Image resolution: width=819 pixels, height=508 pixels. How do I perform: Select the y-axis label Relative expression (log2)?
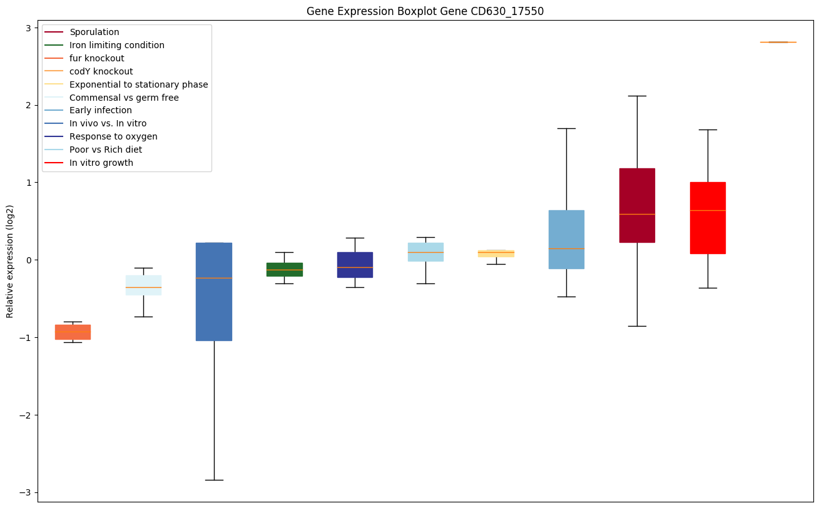pos(10,261)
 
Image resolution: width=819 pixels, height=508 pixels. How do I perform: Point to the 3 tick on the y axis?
pos(29,28)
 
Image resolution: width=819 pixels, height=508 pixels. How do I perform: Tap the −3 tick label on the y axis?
pos(26,492)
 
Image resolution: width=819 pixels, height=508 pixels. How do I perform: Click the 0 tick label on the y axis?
pos(29,260)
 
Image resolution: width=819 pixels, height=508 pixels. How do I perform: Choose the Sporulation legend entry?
pos(94,32)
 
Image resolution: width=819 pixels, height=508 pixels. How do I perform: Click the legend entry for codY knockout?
pos(101,71)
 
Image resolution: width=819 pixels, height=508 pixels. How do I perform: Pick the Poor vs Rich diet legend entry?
pos(106,150)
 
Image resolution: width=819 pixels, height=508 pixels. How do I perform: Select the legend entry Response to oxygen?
pos(113,136)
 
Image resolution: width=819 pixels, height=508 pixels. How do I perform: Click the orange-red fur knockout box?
pos(73,332)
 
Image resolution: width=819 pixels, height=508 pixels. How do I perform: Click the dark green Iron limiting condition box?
pos(285,270)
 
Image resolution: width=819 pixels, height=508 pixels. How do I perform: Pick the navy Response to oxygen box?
pos(355,265)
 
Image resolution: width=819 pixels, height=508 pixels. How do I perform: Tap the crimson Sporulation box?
pos(637,205)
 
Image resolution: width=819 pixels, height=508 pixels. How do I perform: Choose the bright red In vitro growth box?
pos(708,218)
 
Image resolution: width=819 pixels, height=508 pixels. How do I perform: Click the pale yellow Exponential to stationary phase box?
pos(496,253)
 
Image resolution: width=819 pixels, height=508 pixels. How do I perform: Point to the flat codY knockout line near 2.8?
pos(778,42)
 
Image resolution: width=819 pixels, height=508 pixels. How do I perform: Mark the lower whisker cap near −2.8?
pos(214,480)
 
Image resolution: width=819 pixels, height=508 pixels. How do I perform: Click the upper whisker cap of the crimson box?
pos(637,96)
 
